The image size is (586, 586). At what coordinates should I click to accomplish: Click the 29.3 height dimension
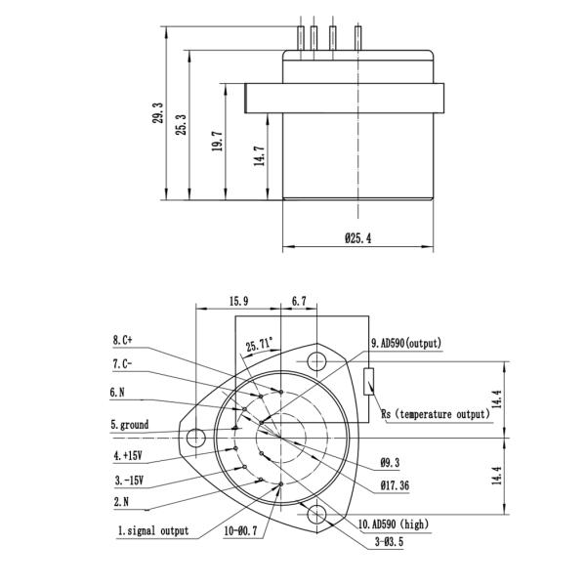pos(157,115)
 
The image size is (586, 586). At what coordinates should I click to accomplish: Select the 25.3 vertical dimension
pos(182,125)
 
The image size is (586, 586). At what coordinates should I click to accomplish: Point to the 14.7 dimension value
pos(260,156)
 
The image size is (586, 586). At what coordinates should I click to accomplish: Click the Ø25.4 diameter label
pos(358,237)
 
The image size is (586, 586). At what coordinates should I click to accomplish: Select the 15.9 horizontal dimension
pos(239,302)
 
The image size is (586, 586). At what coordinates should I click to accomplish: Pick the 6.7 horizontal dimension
pos(299,302)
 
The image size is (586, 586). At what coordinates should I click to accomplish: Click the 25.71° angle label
pos(260,345)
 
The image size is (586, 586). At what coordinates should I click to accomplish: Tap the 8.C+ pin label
pos(122,340)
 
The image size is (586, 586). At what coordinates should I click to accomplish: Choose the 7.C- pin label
pos(122,363)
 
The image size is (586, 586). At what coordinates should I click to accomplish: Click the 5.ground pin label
pos(128,424)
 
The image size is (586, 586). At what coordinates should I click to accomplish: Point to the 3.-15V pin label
pos(130,479)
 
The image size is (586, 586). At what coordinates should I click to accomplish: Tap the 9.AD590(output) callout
pos(406,343)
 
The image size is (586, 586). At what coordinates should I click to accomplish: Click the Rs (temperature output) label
pos(435,414)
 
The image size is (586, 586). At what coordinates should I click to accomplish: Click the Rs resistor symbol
pos(367,381)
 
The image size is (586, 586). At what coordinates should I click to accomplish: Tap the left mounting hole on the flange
pos(199,437)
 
